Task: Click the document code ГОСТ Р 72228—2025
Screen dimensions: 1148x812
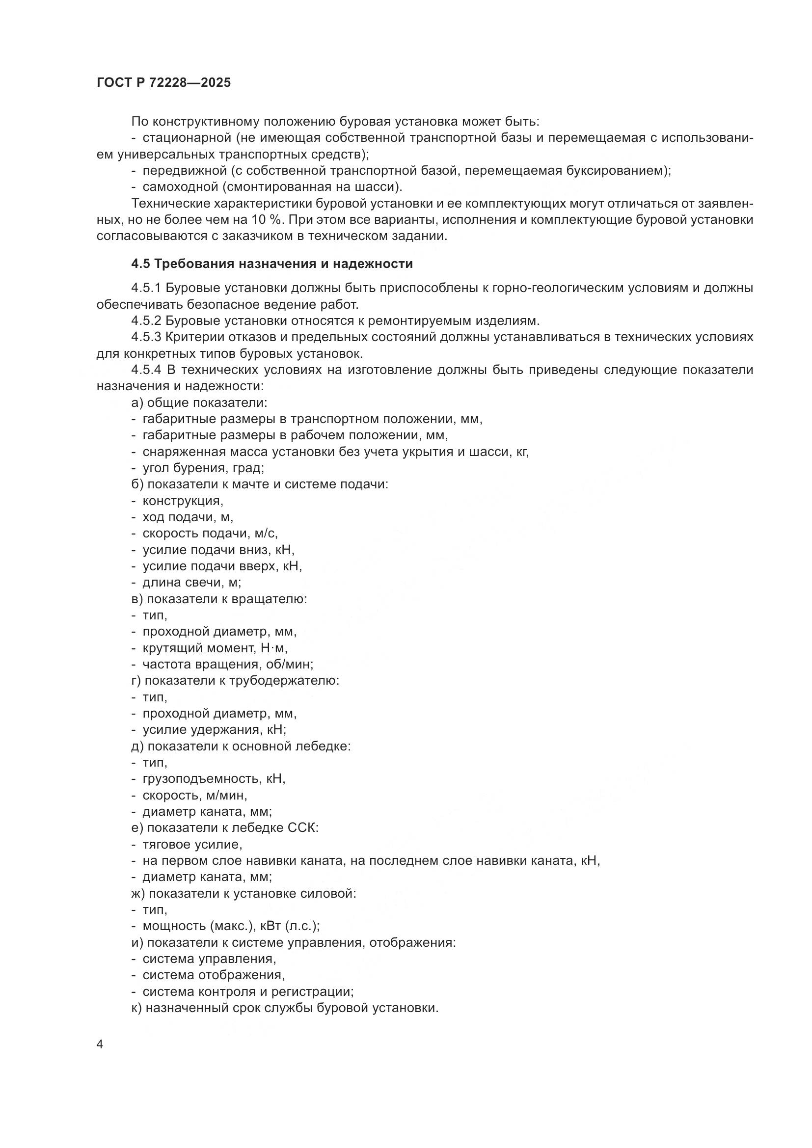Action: click(x=163, y=83)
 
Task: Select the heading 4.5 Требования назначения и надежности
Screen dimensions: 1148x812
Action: click(x=272, y=264)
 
